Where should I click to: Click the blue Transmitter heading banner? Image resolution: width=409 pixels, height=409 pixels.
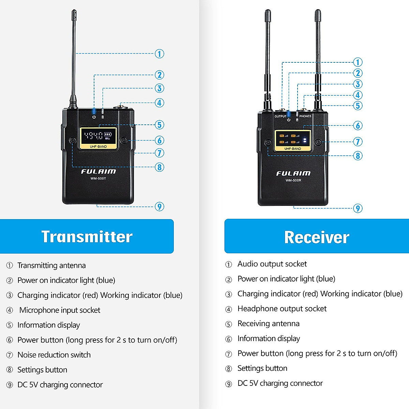[x=87, y=237]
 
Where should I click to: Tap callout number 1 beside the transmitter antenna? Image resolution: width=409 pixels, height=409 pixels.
[x=159, y=54]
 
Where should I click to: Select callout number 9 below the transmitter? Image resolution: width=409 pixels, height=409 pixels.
[x=159, y=207]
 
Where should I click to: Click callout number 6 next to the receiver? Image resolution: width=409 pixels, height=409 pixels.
[x=358, y=126]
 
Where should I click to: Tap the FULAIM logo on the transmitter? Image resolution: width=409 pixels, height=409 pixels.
[x=98, y=171]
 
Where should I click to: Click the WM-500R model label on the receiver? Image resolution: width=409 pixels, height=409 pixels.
[x=293, y=180]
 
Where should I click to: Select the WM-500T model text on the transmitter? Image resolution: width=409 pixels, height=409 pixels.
[x=98, y=179]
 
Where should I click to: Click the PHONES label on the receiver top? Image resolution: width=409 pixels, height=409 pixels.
[x=305, y=116]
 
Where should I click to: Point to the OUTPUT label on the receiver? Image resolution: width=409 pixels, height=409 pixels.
[x=281, y=116]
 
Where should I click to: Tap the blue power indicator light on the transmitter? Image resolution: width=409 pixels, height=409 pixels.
[x=94, y=111]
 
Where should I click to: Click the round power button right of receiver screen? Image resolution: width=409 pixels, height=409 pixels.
[x=318, y=142]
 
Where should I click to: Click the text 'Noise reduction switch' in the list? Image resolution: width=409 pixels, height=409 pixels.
[x=54, y=355]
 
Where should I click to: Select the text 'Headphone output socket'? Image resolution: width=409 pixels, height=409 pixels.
[x=282, y=309]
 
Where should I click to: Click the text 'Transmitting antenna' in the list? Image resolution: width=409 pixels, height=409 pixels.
[x=51, y=266]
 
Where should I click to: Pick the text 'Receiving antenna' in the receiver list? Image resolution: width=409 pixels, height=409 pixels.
[x=268, y=324]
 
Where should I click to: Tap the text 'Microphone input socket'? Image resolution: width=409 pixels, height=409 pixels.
[x=60, y=310]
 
